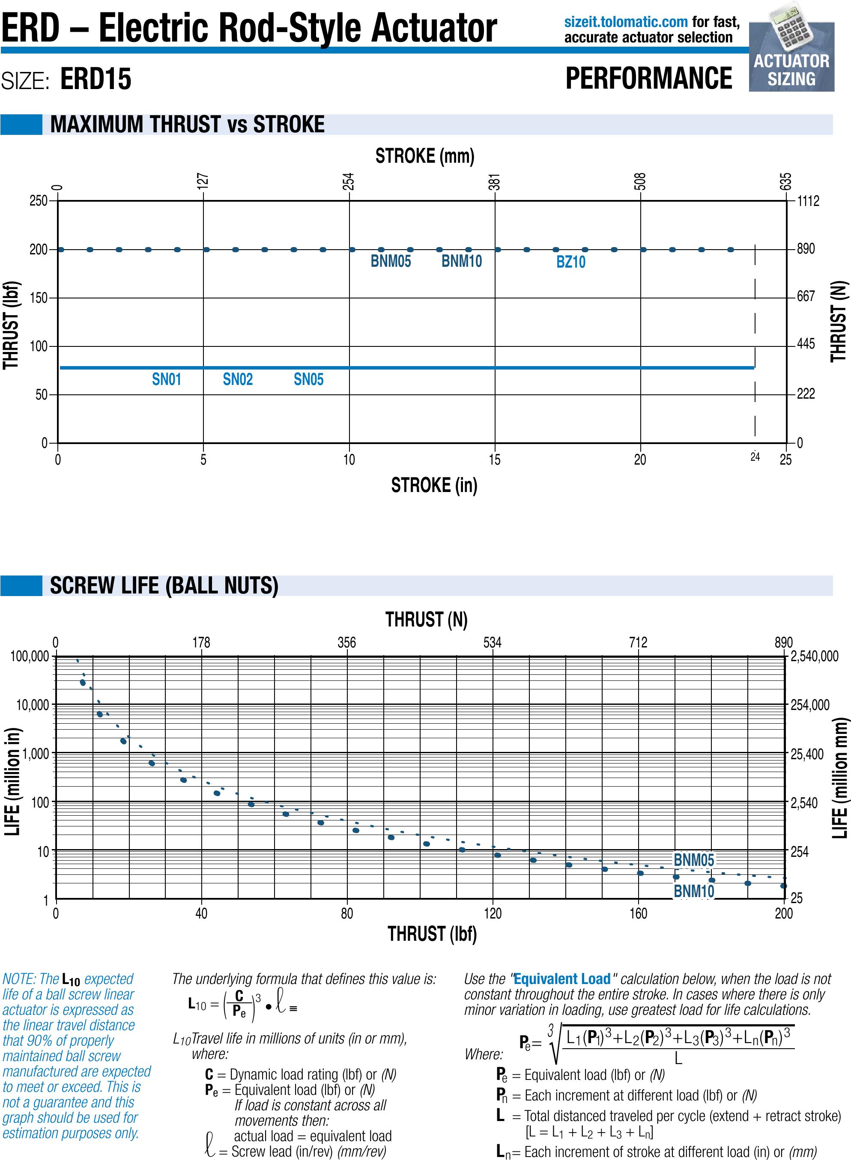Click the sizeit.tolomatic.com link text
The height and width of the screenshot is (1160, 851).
coord(625,22)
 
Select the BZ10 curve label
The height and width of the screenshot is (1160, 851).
coord(571,262)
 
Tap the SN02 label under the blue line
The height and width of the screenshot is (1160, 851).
coord(237,380)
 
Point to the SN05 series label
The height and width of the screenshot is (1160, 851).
coord(308,380)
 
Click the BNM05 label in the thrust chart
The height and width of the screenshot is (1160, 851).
coord(391,261)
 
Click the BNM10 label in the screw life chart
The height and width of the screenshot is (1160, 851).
coord(693,891)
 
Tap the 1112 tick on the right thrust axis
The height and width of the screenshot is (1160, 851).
coord(808,201)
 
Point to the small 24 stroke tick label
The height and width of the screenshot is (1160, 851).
coord(755,456)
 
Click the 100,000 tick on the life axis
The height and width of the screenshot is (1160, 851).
coord(30,656)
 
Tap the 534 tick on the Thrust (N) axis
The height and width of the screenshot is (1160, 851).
coord(492,642)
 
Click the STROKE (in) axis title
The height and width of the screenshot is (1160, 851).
coord(434,485)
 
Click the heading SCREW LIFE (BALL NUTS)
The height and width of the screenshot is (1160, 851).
coord(164,586)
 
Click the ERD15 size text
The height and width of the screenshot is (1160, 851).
coord(96,79)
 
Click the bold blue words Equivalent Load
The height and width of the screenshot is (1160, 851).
coord(561,979)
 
